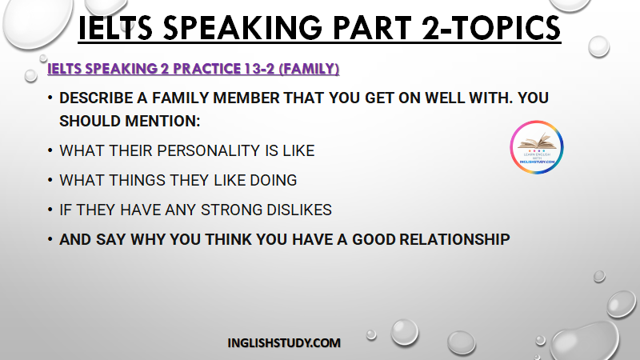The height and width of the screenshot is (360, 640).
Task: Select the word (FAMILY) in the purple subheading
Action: (x=309, y=69)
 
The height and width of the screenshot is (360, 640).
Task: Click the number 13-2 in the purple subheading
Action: (x=259, y=69)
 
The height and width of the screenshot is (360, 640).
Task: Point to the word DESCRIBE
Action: (x=96, y=98)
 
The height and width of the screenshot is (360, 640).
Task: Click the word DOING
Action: (x=273, y=180)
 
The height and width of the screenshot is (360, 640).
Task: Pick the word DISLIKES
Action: (x=298, y=210)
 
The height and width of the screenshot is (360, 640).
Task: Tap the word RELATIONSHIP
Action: (x=454, y=239)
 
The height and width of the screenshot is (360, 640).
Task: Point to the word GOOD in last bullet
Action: (x=374, y=239)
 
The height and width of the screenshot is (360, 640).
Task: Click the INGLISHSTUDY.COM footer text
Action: (x=284, y=343)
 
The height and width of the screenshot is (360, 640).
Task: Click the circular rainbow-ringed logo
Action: (x=537, y=147)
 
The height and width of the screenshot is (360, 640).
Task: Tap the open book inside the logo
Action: (x=537, y=142)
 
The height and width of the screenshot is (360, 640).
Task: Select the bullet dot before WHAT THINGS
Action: (x=50, y=180)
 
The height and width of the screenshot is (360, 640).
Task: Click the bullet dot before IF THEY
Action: (x=50, y=210)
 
